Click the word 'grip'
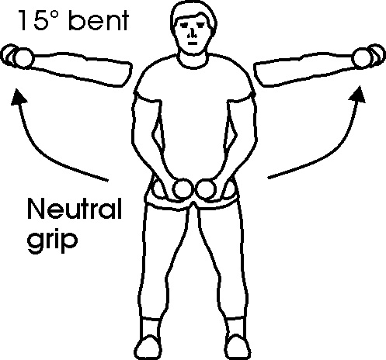(52, 240)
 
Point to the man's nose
(192, 33)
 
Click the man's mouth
(193, 43)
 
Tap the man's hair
(193, 14)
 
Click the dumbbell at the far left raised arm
(17, 57)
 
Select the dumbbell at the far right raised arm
(368, 57)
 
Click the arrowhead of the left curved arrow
(19, 97)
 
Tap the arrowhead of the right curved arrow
(358, 95)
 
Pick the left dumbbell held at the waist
(183, 188)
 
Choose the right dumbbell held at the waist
(207, 189)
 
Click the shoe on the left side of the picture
(149, 347)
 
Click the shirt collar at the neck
(193, 61)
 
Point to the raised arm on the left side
(81, 68)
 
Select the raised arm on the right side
(304, 68)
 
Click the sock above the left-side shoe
(150, 327)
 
